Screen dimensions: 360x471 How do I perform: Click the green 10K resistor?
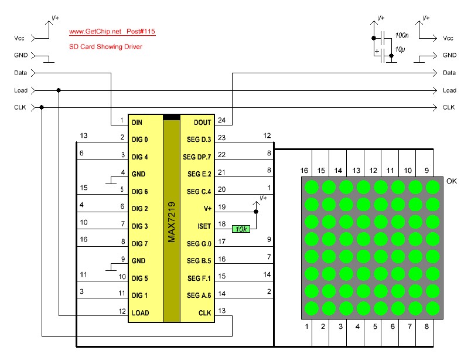tap(241, 229)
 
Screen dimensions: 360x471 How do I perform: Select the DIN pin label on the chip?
tap(137, 123)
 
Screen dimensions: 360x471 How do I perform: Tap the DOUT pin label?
tap(202, 123)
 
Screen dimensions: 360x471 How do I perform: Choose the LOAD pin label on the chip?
tap(140, 313)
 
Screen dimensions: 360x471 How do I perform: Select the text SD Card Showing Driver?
tap(105, 46)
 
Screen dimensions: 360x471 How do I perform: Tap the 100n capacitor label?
tap(402, 36)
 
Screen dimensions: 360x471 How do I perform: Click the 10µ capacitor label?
tap(401, 50)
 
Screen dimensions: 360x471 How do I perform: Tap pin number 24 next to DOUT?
tap(221, 120)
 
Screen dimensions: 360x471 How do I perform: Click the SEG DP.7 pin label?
tap(197, 157)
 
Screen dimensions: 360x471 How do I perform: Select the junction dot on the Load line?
tap(59, 90)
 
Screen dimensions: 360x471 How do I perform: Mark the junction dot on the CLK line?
tap(42, 107)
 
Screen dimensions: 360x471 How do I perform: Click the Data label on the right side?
tap(449, 73)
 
